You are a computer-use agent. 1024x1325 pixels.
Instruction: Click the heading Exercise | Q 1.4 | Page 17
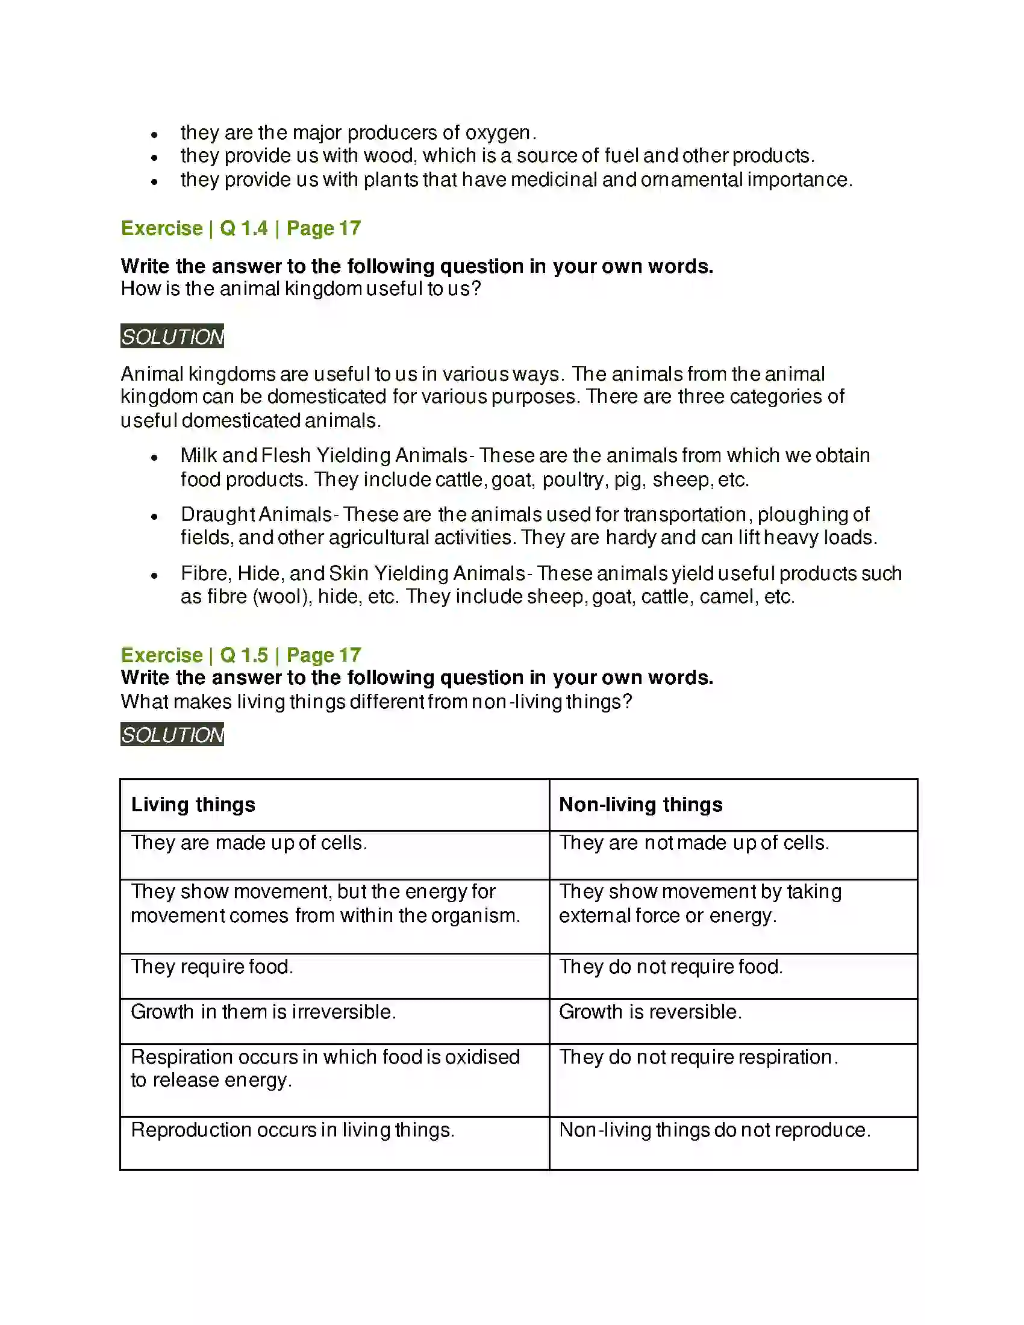point(241,228)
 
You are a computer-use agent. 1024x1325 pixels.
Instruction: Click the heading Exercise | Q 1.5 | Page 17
point(241,655)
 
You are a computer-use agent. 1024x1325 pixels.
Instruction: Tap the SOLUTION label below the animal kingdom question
point(172,337)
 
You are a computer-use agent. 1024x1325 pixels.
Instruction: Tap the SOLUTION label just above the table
point(172,735)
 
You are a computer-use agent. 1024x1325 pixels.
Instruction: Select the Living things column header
point(193,805)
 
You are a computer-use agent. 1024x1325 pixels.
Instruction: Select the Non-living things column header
point(641,805)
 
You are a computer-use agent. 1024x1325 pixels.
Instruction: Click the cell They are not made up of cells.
point(694,843)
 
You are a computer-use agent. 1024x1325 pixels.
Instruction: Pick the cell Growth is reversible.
point(651,1012)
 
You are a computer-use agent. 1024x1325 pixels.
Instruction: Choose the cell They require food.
point(211,967)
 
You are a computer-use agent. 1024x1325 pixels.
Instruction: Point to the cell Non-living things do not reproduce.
point(714,1130)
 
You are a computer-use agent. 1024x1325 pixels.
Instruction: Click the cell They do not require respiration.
point(698,1057)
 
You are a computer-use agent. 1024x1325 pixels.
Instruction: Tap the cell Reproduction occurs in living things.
point(292,1130)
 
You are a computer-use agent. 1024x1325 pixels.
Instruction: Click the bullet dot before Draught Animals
point(155,516)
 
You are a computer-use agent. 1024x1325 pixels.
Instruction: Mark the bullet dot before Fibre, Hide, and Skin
point(155,575)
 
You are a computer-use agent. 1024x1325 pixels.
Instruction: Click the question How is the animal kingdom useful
point(301,288)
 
